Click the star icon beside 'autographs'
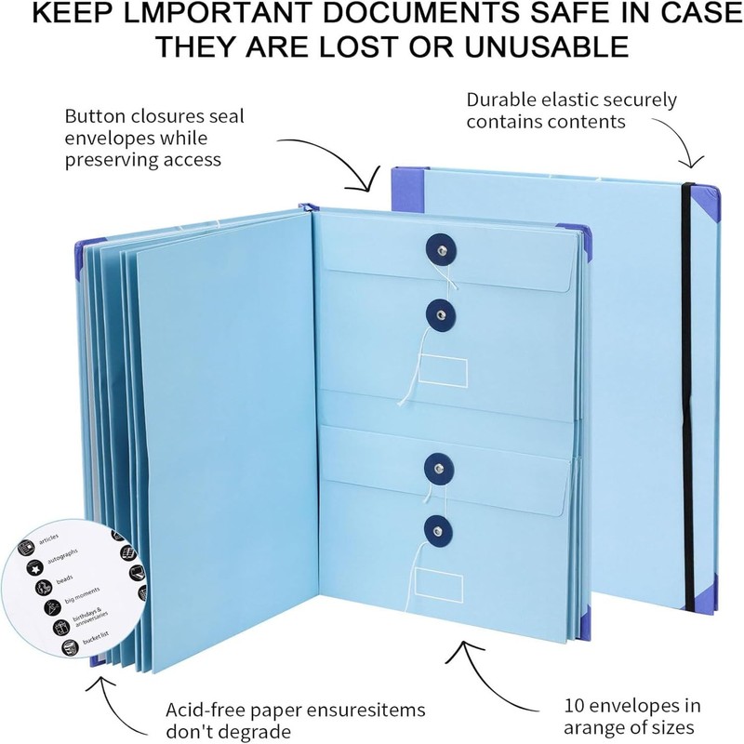(35, 566)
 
